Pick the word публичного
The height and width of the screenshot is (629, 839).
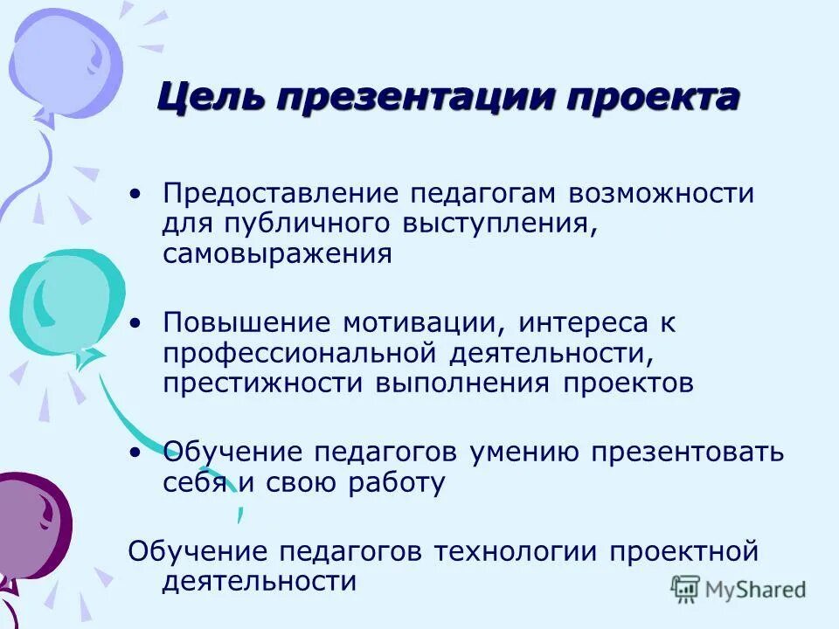[x=305, y=224]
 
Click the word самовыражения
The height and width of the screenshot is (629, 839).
[x=276, y=254]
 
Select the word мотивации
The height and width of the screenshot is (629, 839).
[x=419, y=322]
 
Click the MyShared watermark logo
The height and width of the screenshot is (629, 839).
[x=738, y=589]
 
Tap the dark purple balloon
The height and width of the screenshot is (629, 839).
[x=31, y=524]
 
